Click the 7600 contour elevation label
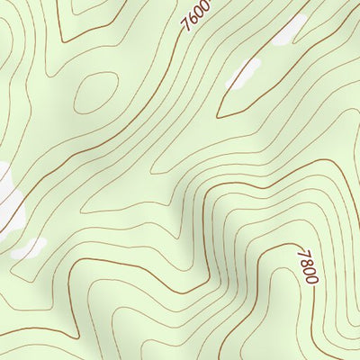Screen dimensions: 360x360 (x=197, y=14)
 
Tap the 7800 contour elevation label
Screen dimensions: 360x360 (x=307, y=266)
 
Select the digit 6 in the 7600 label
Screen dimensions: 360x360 (x=194, y=17)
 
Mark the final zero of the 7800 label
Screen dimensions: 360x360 (x=311, y=279)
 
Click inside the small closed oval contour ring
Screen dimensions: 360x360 (x=96, y=91)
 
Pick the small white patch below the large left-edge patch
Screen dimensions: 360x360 (x=28, y=247)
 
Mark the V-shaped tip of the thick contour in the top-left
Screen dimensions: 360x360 (x=61, y=40)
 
